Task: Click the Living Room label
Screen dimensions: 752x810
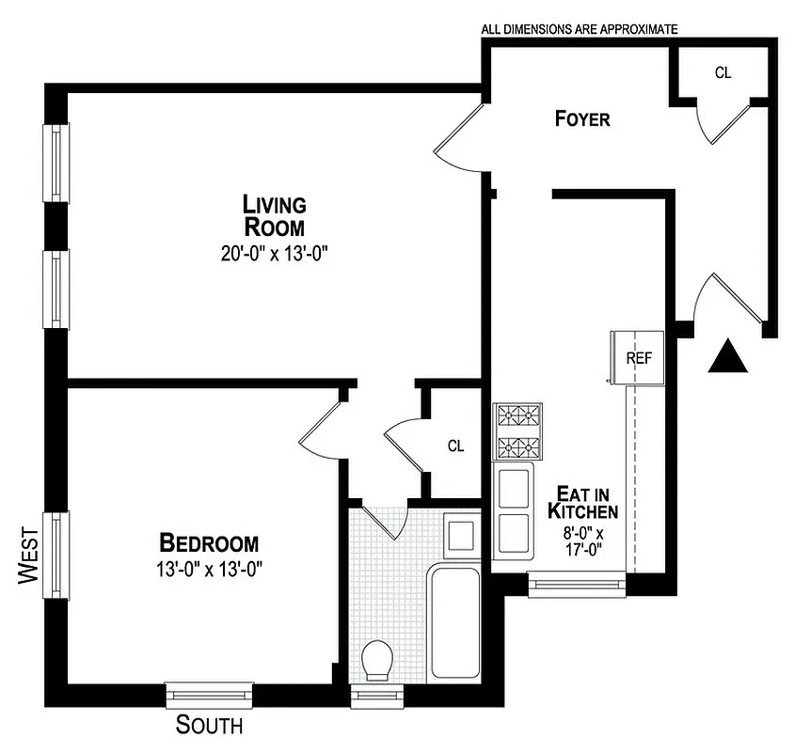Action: (275, 215)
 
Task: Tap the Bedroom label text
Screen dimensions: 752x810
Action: (209, 543)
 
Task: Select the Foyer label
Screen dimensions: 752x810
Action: (582, 119)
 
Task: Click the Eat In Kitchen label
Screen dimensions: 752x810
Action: (583, 503)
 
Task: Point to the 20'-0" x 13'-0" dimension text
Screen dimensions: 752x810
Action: (275, 253)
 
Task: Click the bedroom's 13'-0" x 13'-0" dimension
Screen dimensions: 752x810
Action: (209, 569)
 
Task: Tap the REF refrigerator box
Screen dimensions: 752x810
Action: (639, 358)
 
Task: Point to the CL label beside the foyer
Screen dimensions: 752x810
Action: (723, 72)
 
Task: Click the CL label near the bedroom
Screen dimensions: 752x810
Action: (455, 446)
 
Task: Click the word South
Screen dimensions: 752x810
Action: (209, 726)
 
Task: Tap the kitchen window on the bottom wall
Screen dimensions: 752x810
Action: (578, 586)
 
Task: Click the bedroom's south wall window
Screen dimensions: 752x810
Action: (209, 696)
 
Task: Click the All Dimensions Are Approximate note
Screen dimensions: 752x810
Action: (579, 29)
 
